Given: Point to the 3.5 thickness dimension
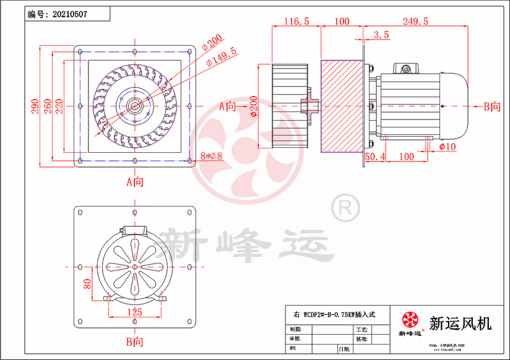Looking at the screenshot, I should pos(382,35).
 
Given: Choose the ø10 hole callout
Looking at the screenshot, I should pos(447,147).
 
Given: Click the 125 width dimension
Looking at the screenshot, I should pos(135,313).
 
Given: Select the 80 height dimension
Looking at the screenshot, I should pos(88,285).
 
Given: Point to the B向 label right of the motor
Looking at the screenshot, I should pos(491,106).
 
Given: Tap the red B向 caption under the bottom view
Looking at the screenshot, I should pos(135,341).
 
